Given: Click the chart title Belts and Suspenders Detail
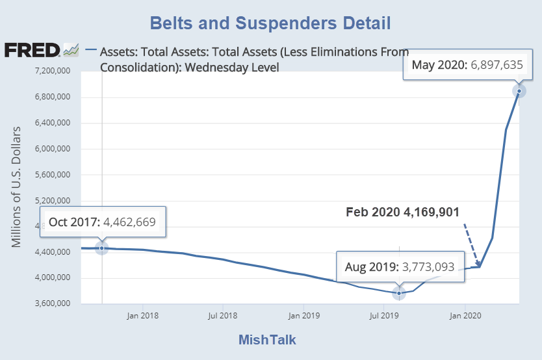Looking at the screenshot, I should [270, 24].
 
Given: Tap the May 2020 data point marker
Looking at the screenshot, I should [519, 91].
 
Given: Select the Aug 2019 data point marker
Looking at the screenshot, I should [399, 293].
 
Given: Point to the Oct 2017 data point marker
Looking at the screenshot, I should [102, 248].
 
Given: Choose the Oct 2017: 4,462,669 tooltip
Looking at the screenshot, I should [102, 222].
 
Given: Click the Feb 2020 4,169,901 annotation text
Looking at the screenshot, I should [403, 212].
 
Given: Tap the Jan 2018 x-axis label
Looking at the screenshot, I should [142, 316].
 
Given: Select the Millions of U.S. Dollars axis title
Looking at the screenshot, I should [17, 186].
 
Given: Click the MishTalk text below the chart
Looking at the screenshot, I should [267, 340].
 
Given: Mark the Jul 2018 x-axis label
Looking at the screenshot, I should [223, 316].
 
